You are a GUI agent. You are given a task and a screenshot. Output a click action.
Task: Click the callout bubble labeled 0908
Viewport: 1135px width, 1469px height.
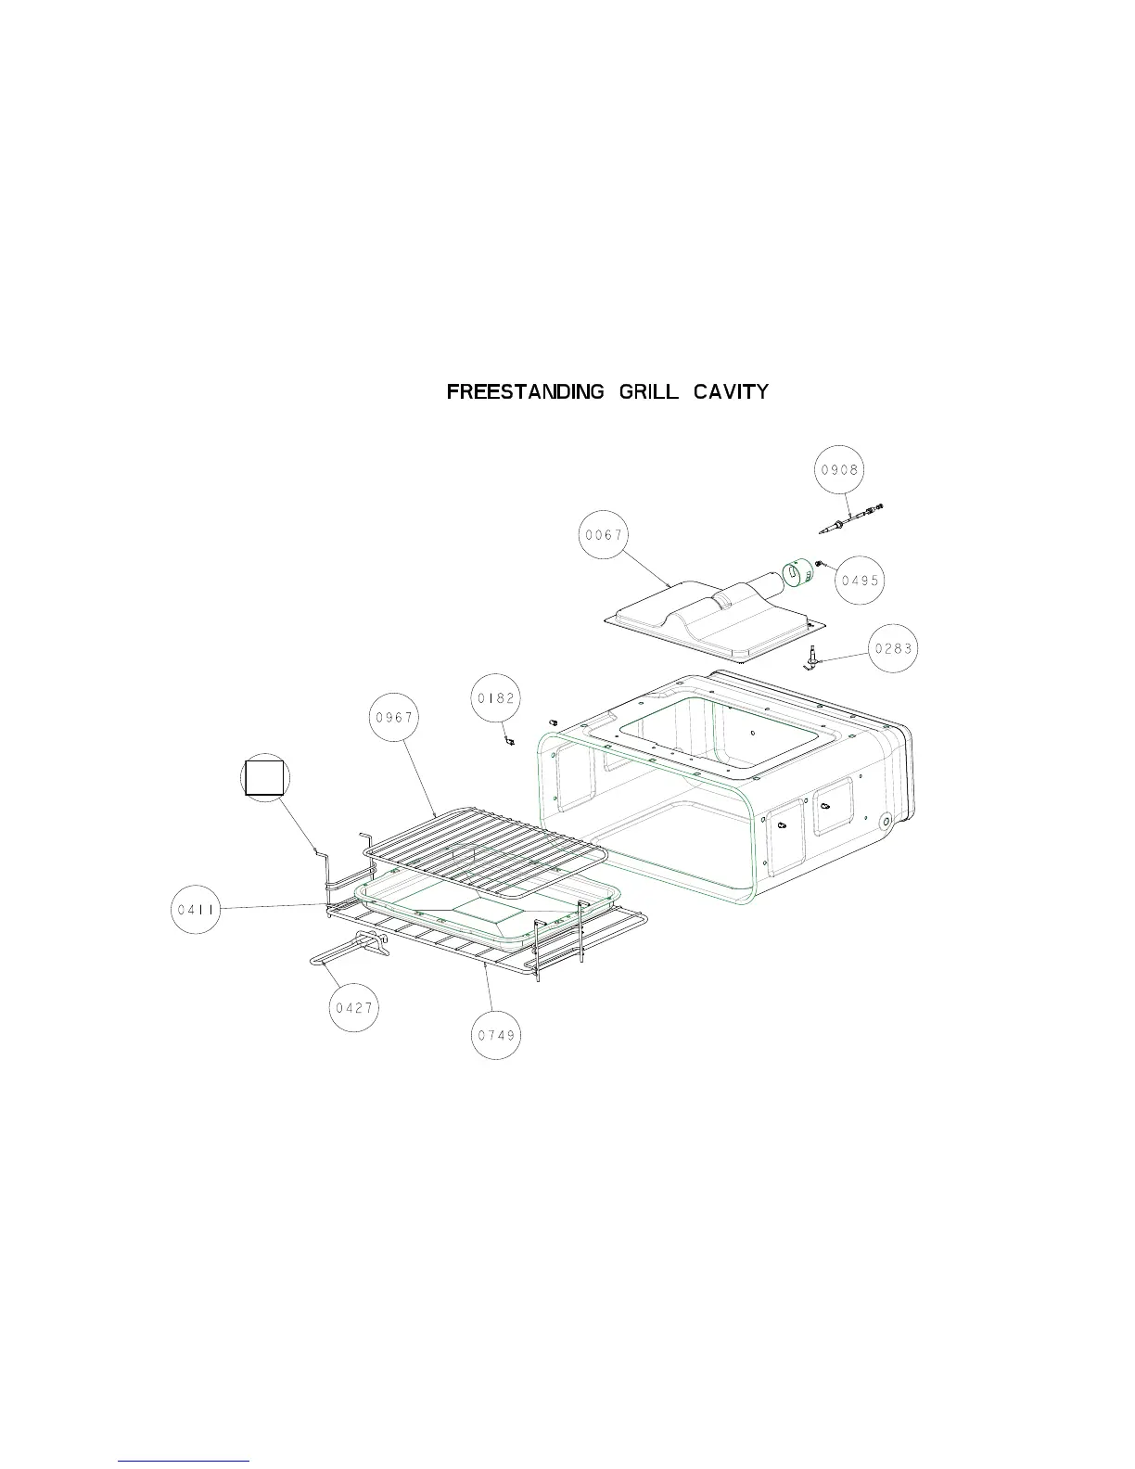(x=839, y=470)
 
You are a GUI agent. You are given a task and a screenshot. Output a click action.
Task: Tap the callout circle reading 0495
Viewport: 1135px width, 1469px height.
(x=860, y=581)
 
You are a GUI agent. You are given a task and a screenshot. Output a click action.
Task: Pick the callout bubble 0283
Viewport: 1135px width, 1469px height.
(x=893, y=649)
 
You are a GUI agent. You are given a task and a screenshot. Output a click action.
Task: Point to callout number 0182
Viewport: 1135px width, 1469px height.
(x=496, y=698)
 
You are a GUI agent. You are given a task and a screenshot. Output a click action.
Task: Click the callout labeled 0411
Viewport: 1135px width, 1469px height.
(x=196, y=910)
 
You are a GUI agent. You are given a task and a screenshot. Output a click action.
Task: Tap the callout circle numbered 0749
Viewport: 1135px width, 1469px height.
(x=496, y=1036)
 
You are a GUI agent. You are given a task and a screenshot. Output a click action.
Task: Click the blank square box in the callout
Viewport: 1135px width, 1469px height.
(x=264, y=777)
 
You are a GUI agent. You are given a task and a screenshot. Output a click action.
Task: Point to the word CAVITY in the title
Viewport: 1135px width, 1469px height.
(x=732, y=391)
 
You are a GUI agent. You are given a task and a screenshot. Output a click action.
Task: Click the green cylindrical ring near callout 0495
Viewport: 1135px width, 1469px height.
(x=797, y=573)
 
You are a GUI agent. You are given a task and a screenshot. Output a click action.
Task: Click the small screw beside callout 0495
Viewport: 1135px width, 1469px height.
(x=822, y=562)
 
